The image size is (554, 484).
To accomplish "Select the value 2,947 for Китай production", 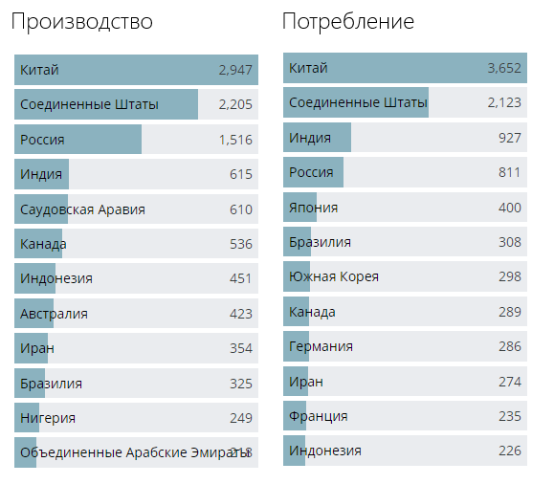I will pos(234,70).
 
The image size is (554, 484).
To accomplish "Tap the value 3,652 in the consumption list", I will pos(503,68).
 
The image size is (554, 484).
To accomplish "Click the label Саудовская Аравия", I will pos(82,209).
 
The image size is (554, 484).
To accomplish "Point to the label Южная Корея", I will pos(334,276).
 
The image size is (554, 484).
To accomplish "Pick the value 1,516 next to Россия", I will pos(234,140).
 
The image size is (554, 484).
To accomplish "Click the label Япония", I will pos(313,208).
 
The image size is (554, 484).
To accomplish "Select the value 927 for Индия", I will pos(509,138).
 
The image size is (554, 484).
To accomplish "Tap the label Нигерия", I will pos(48,418).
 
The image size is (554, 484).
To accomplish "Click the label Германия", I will pos(321,346).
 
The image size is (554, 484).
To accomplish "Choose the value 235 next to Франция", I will pos(509,416).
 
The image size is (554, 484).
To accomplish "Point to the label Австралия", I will pos(54,314).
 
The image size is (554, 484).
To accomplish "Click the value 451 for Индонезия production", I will pos(240,278).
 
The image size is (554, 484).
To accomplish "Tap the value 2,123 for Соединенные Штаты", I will pos(503,102).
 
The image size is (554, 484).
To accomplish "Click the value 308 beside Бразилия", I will pos(509,242).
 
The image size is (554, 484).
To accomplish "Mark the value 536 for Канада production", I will pos(240,244).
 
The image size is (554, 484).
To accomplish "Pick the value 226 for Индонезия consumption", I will pos(509,451).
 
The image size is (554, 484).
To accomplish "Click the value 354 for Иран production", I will pos(240,348).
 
